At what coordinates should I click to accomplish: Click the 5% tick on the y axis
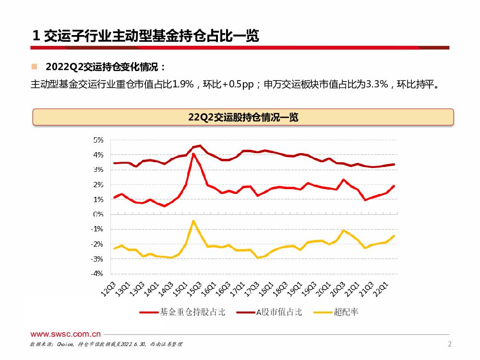[98, 140]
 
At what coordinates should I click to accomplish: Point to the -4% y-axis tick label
[97, 274]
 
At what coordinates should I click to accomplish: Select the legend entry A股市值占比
[279, 312]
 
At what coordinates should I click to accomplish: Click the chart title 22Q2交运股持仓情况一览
[243, 117]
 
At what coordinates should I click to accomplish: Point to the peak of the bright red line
[193, 154]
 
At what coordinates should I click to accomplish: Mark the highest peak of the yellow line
[193, 221]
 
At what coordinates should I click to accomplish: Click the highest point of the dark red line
[200, 145]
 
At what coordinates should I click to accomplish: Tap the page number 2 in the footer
[449, 344]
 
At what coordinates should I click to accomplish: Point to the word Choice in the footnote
[65, 345]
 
